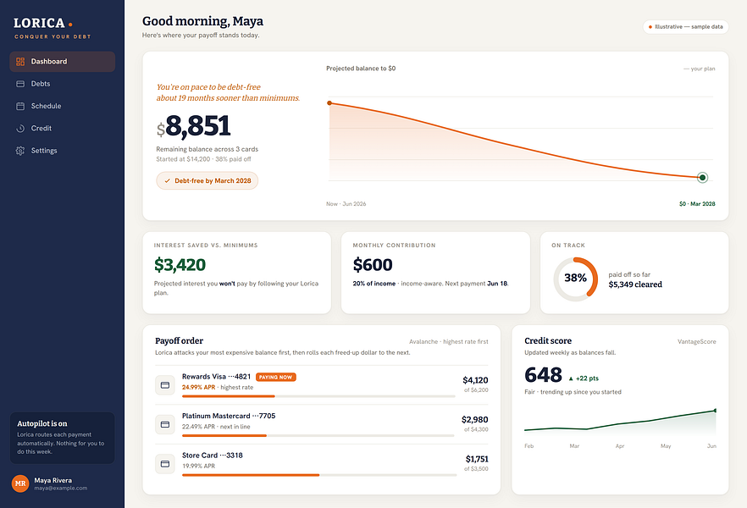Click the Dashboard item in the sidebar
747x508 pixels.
[x=62, y=62]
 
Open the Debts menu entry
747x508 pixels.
[x=41, y=84]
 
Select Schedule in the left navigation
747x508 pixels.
[x=46, y=106]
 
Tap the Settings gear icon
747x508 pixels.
[x=20, y=151]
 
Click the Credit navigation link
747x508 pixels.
[x=41, y=128]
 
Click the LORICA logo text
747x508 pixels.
[x=39, y=23]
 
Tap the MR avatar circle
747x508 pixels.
[x=20, y=483]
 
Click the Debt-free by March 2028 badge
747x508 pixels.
[x=207, y=181]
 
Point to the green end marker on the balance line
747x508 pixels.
[x=702, y=178]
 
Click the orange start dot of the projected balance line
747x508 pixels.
[x=329, y=102]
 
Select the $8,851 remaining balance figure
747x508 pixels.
[x=193, y=125]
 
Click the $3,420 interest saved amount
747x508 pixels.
[x=180, y=265]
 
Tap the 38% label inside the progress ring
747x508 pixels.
[x=575, y=278]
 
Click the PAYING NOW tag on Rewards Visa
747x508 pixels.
[x=276, y=377]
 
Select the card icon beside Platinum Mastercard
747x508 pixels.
[x=165, y=424]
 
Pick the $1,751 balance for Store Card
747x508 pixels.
[x=476, y=459]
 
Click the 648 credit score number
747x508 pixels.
[x=543, y=375]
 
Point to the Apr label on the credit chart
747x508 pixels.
[x=620, y=446]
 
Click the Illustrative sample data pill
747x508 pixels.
[x=685, y=26]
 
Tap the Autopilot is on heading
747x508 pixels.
[x=42, y=423]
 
